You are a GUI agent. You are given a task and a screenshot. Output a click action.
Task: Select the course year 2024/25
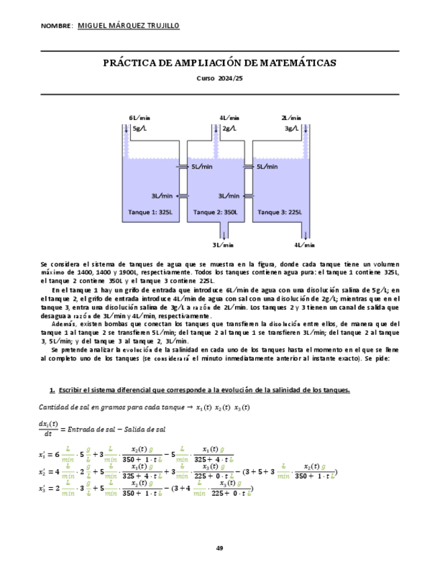coord(228,79)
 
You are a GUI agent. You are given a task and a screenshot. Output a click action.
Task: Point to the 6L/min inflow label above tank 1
coord(140,117)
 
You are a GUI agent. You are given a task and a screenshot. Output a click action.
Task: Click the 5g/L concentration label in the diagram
coord(141,127)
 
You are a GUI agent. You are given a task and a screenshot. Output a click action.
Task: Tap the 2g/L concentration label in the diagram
coord(229,127)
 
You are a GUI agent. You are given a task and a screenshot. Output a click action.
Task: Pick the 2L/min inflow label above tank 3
coord(291,117)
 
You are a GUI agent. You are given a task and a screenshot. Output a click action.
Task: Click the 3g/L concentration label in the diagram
coord(291,127)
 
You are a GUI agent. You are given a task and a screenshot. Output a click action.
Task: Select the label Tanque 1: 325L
coord(150,212)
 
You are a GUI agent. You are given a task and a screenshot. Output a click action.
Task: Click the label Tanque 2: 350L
coord(216,212)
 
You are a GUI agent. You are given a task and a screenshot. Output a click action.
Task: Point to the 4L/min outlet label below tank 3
coord(305,245)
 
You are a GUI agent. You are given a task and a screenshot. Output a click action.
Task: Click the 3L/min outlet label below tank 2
coord(223,245)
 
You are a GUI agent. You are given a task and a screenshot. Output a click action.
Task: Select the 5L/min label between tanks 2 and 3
coord(267,166)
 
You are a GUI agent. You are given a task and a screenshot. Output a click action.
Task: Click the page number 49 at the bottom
coord(220,549)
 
